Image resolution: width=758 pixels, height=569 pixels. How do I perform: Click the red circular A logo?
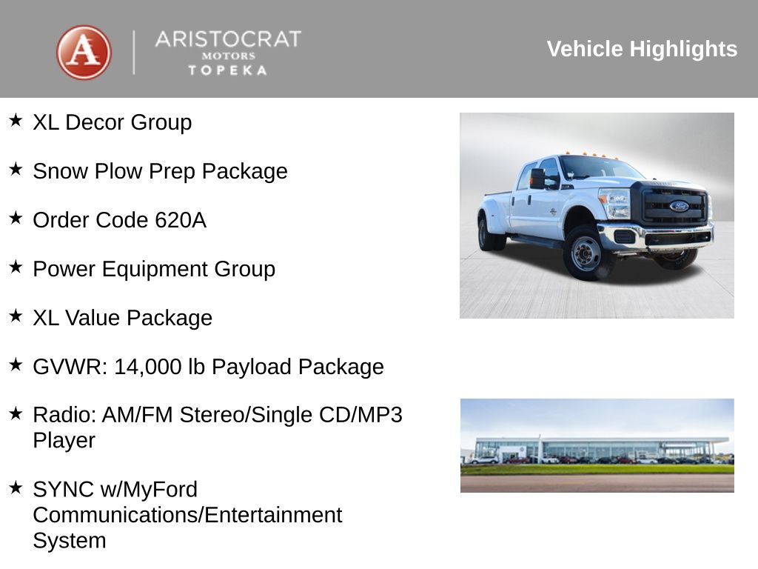[x=84, y=53]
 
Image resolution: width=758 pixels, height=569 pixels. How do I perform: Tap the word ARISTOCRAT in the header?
[x=228, y=39]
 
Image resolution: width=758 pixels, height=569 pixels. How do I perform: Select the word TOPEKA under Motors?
[x=227, y=70]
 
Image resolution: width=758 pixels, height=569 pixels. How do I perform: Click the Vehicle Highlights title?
[x=642, y=49]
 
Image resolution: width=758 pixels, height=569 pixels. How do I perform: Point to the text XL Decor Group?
[x=112, y=122]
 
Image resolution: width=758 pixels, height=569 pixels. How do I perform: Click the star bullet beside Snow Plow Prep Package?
[x=16, y=170]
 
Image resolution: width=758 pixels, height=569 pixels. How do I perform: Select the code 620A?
[x=181, y=220]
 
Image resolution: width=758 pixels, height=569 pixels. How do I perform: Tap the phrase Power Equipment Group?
[x=154, y=269]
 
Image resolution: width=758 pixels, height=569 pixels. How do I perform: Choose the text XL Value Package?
[x=122, y=318]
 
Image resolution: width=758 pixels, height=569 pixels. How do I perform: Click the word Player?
[x=64, y=440]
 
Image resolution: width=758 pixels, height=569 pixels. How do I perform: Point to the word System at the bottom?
[x=69, y=540]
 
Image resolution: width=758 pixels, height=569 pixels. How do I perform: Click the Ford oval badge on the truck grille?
[x=678, y=206]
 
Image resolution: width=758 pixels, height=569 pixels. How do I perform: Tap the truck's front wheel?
[x=586, y=253]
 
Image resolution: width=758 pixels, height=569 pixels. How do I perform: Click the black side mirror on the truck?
[x=537, y=179]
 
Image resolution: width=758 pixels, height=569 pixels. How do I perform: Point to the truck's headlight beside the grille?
[x=614, y=203]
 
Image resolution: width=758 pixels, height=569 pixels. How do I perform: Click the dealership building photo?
[x=597, y=445]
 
